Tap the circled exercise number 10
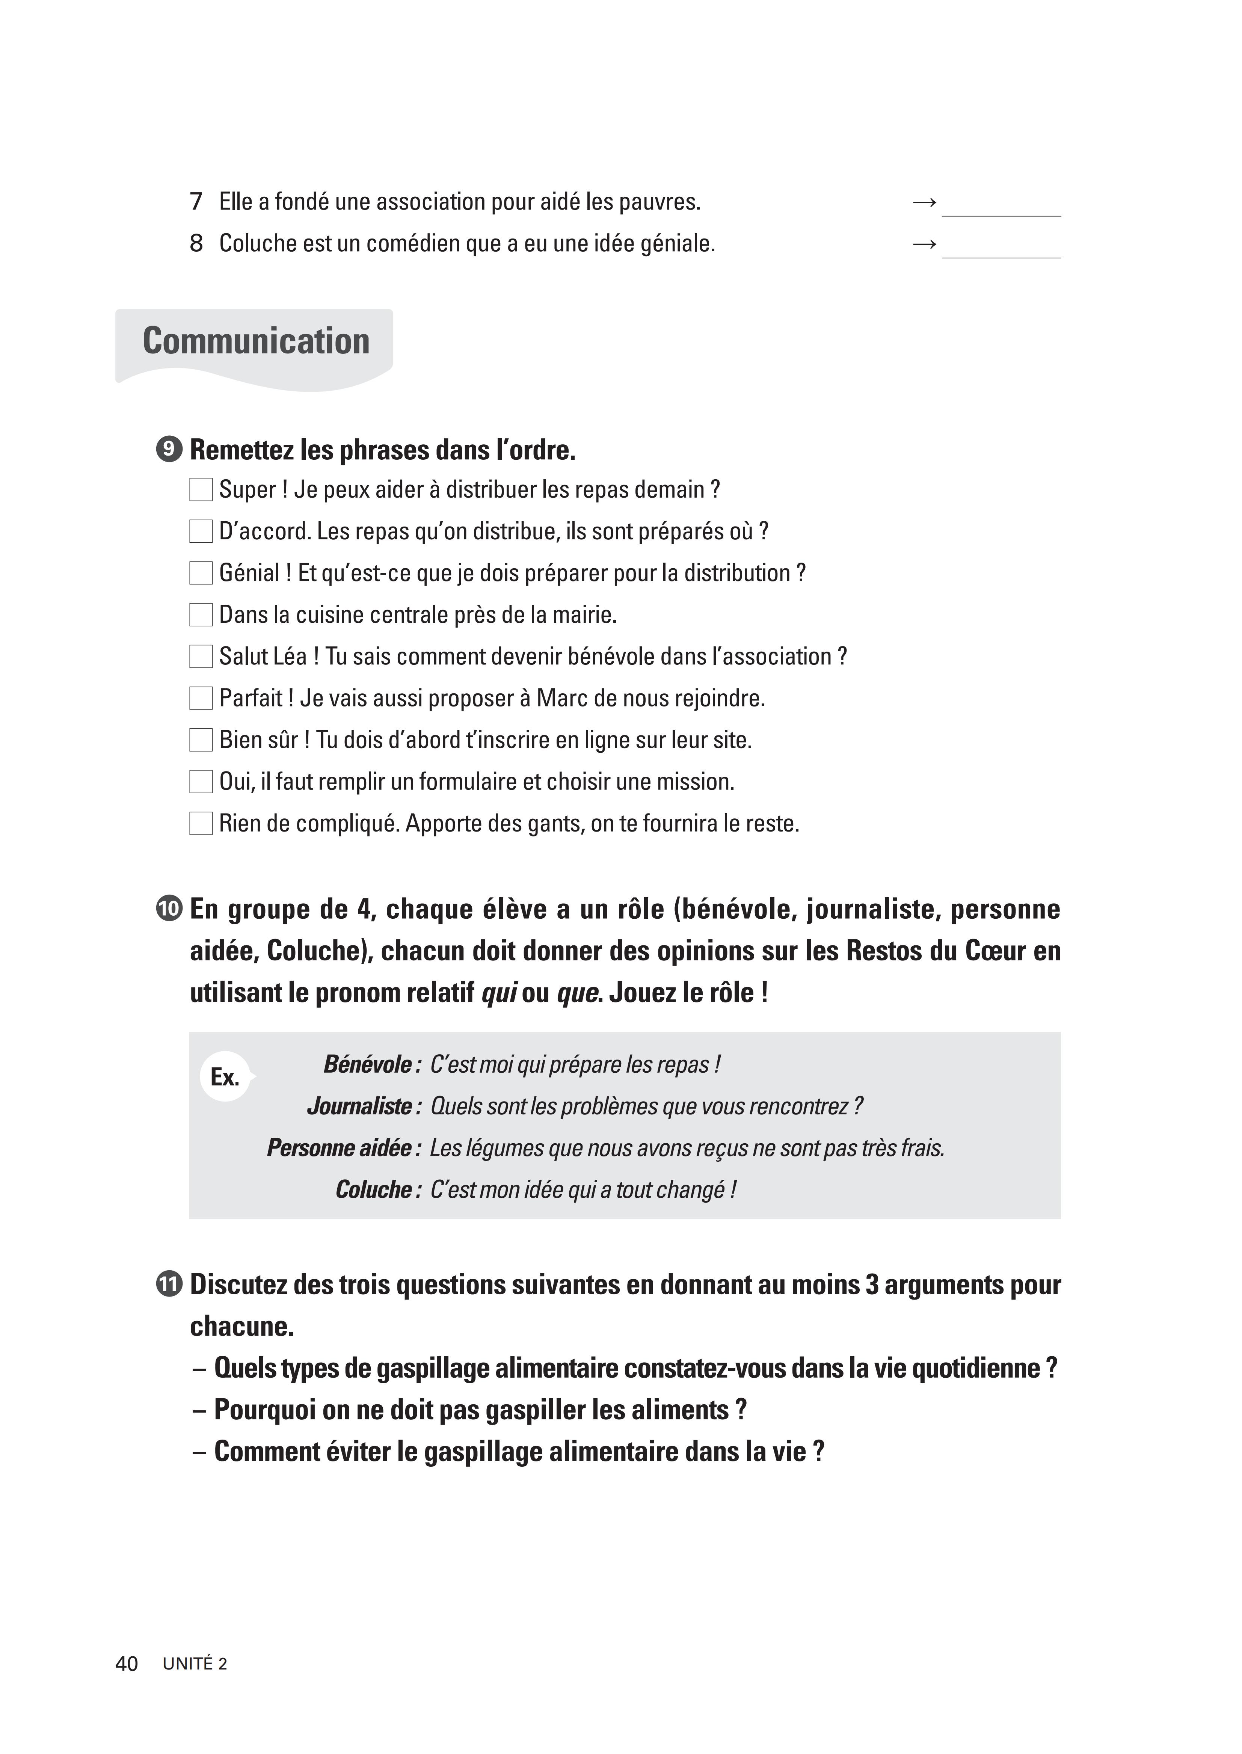169,909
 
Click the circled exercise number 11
169,1285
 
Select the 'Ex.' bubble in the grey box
225,1077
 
